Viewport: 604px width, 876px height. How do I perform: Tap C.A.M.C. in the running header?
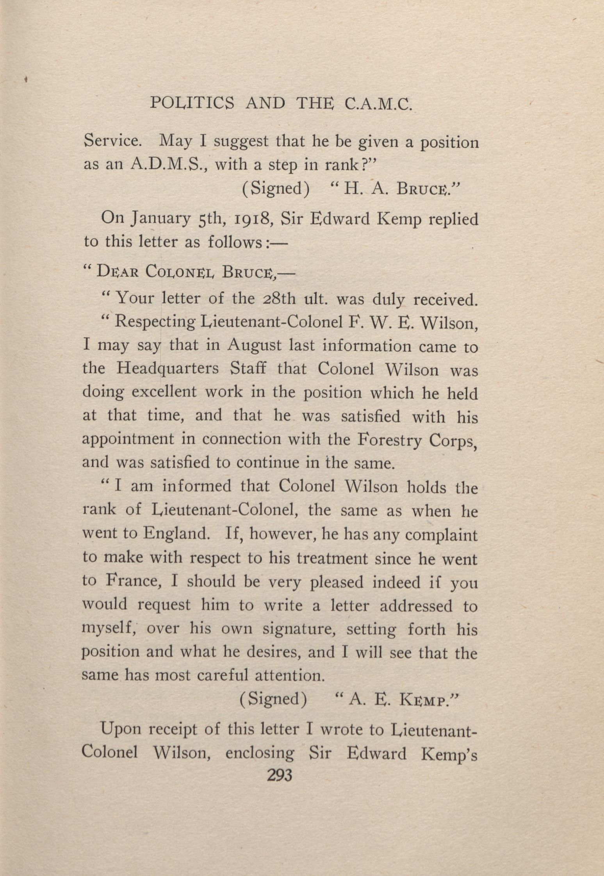[x=378, y=104]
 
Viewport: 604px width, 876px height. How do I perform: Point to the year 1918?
[x=251, y=219]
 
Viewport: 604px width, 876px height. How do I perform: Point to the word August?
[x=255, y=346]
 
